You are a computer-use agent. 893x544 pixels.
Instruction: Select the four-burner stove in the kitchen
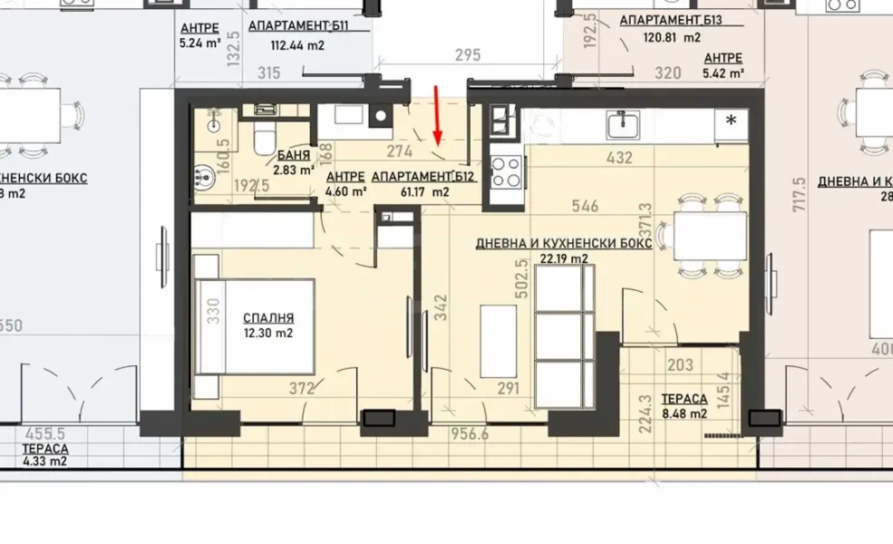[506, 171]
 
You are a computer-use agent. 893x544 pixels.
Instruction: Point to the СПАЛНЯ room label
[268, 318]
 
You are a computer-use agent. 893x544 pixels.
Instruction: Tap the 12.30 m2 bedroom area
[268, 333]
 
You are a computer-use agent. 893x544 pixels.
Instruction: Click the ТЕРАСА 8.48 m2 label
[684, 399]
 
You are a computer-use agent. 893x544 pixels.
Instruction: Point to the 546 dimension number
[586, 207]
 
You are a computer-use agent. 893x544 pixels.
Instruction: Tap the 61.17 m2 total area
[428, 191]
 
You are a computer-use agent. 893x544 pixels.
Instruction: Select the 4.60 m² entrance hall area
[345, 191]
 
